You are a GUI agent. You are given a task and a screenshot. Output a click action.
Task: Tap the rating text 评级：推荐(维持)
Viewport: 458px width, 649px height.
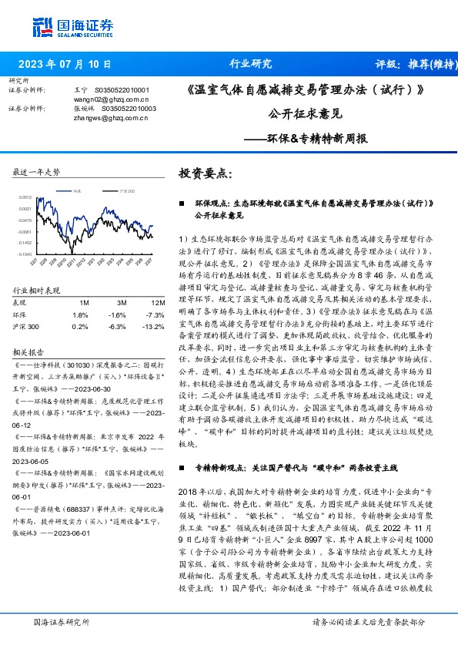[x=414, y=64]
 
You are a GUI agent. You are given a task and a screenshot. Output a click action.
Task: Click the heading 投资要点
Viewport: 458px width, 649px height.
[x=205, y=173]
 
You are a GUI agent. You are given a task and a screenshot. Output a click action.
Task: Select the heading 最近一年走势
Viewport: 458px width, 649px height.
[x=37, y=172]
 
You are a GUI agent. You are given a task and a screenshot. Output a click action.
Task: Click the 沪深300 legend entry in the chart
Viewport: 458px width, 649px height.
[x=127, y=190]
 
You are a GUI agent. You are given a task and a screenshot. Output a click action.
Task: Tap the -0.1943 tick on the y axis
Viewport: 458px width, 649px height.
[x=25, y=254]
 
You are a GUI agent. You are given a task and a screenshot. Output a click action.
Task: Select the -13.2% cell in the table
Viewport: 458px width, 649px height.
[x=153, y=326]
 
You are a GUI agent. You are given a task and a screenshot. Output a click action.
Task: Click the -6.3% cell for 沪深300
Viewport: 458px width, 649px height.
[x=117, y=326]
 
